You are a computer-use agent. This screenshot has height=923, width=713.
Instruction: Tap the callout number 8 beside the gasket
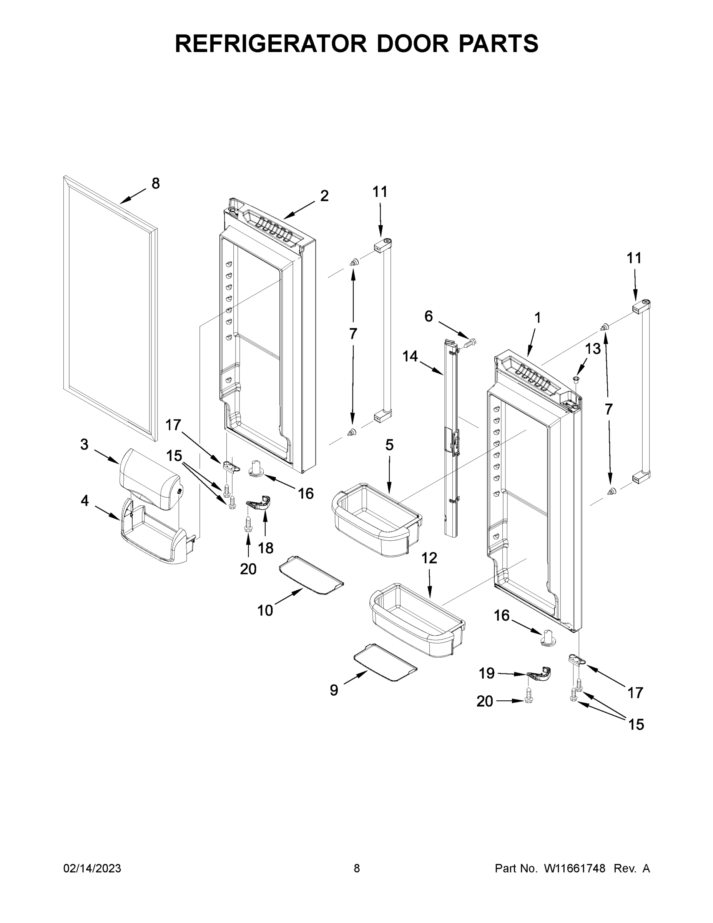155,183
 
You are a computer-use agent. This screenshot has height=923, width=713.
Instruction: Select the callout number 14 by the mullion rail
410,356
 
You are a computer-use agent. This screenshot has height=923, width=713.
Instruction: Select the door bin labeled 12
416,619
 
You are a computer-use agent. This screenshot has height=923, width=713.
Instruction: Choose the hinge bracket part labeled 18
259,504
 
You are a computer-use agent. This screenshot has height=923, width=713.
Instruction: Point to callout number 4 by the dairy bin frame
85,501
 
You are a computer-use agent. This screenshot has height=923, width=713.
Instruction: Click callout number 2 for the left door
324,196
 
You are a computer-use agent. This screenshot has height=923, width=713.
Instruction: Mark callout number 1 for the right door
537,317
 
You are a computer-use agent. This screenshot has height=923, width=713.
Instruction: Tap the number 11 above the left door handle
380,192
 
